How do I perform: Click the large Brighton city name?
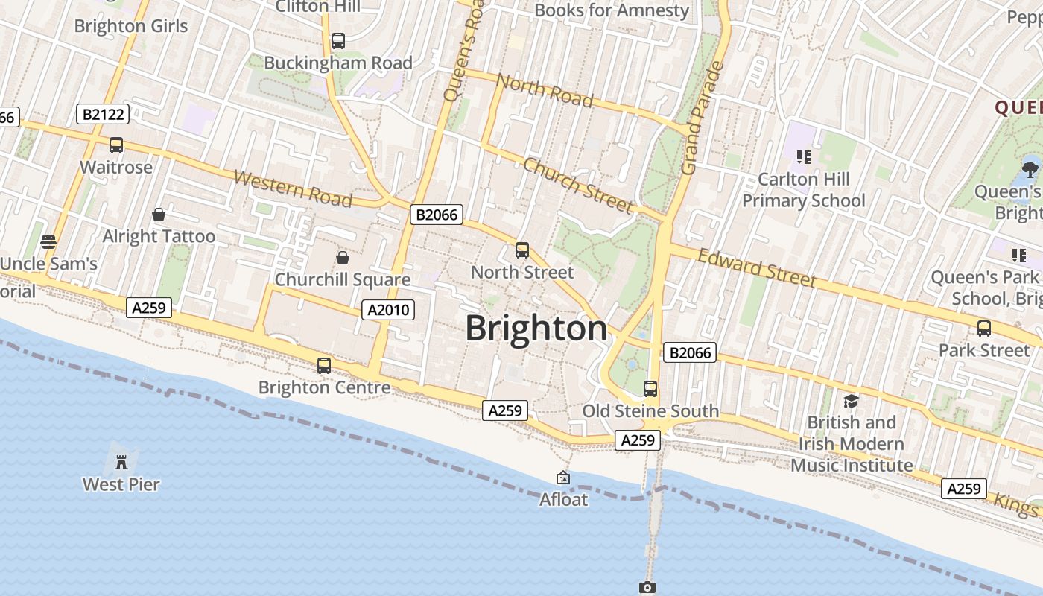[536, 329]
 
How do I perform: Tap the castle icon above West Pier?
[121, 462]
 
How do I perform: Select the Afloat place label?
[563, 499]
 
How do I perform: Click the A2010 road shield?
[387, 309]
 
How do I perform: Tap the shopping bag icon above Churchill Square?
[343, 258]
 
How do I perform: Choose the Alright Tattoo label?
[159, 236]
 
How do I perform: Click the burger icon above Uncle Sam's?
[49, 241]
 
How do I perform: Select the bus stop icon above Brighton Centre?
[324, 366]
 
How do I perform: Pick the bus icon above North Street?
[522, 250]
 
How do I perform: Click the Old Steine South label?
[650, 411]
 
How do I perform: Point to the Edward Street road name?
[757, 267]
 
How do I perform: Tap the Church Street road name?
[578, 185]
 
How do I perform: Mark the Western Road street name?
[293, 188]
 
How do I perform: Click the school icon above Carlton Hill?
[803, 156]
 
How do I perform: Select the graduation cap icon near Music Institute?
[852, 401]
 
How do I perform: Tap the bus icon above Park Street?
[984, 329]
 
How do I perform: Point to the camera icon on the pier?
[647, 587]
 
